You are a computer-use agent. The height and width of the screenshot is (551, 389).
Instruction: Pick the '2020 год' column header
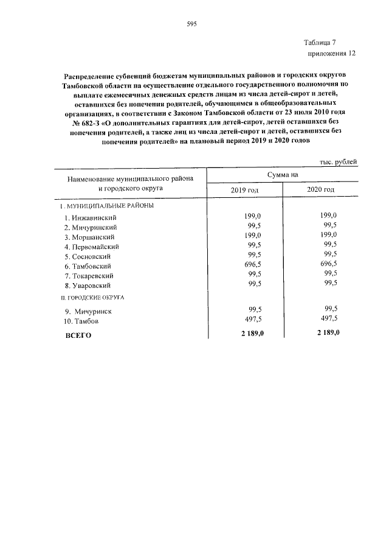[x=321, y=190]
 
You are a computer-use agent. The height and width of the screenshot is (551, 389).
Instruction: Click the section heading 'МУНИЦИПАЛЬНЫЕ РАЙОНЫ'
[x=105, y=206]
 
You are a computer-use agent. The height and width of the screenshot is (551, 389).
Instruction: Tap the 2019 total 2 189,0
[x=251, y=333]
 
